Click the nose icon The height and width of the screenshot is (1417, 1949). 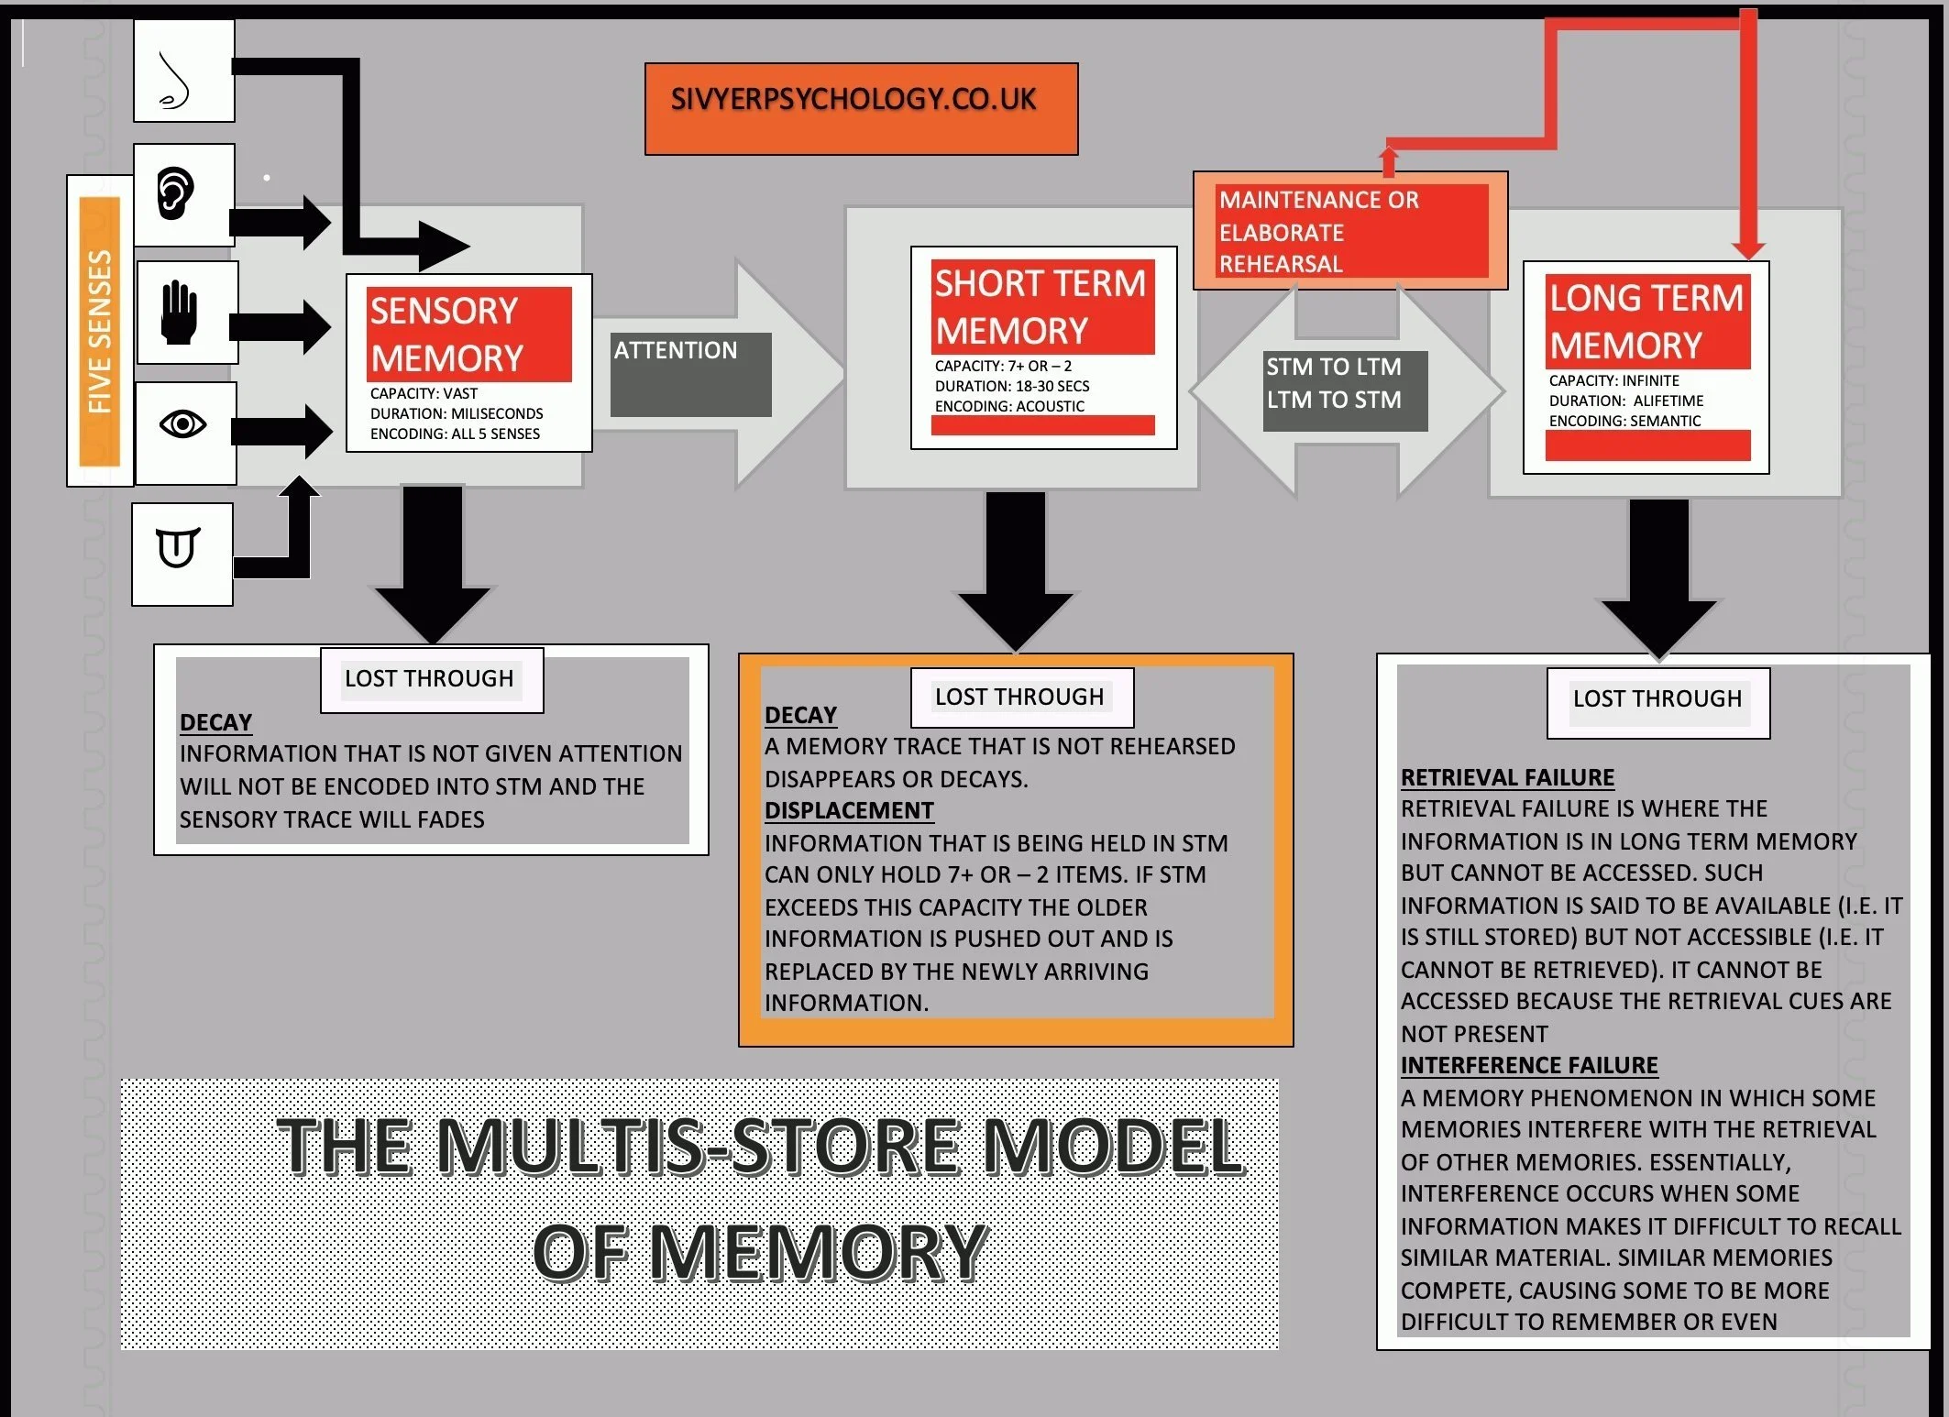pyautogui.click(x=175, y=81)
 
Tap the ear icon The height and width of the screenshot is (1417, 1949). pyautogui.click(x=175, y=193)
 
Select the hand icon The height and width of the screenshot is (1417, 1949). pyautogui.click(x=180, y=313)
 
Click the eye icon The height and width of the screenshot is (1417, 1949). pyautogui.click(x=182, y=424)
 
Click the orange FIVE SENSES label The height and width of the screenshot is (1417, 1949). pyautogui.click(x=100, y=331)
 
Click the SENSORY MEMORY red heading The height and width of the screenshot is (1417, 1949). pyautogui.click(x=468, y=335)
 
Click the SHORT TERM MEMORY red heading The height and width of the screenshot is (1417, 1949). pyautogui.click(x=1041, y=307)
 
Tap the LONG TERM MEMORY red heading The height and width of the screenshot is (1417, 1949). pyautogui.click(x=1646, y=322)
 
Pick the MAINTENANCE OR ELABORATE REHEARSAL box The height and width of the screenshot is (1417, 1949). pyautogui.click(x=1350, y=231)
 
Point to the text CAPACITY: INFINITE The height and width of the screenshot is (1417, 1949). pyautogui.click(x=1613, y=380)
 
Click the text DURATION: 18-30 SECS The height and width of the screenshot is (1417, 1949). pyautogui.click(x=1011, y=386)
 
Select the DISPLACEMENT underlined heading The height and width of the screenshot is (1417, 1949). pyautogui.click(x=849, y=810)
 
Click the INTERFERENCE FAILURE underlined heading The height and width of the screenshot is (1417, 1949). pyautogui.click(x=1529, y=1065)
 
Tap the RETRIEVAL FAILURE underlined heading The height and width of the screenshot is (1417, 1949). pyautogui.click(x=1507, y=777)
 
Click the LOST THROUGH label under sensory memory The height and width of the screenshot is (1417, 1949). pyautogui.click(x=429, y=679)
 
